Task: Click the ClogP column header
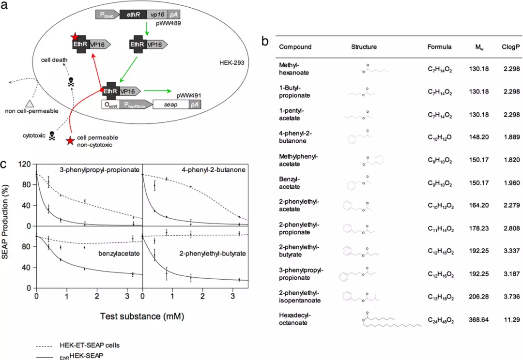pyautogui.click(x=509, y=47)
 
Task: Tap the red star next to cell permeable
pyautogui.click(x=71, y=141)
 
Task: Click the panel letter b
pyautogui.click(x=265, y=42)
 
